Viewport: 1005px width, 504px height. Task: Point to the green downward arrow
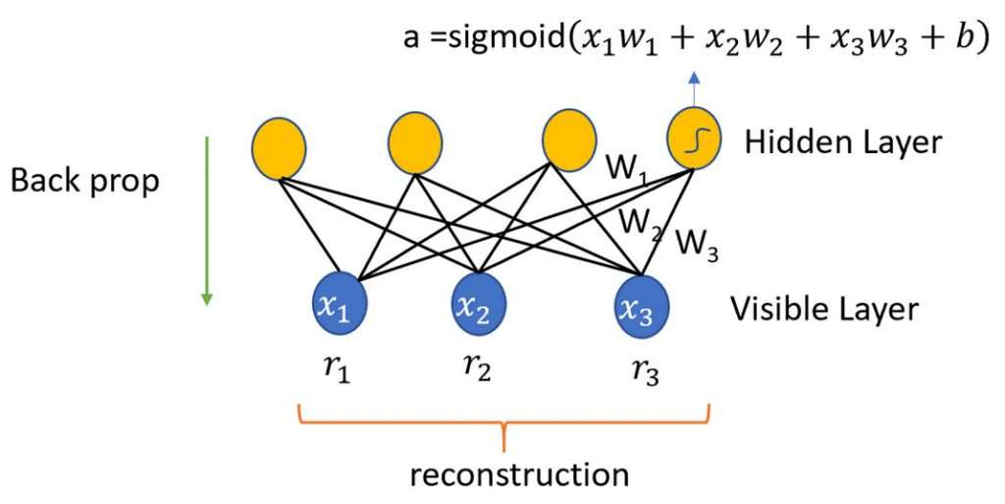point(207,221)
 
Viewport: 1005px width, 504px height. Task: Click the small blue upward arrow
point(694,88)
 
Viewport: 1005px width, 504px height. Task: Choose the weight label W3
point(697,244)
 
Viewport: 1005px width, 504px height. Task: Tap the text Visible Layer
point(824,309)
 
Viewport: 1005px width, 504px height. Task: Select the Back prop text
point(84,182)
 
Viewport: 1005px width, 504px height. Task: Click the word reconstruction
point(519,476)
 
